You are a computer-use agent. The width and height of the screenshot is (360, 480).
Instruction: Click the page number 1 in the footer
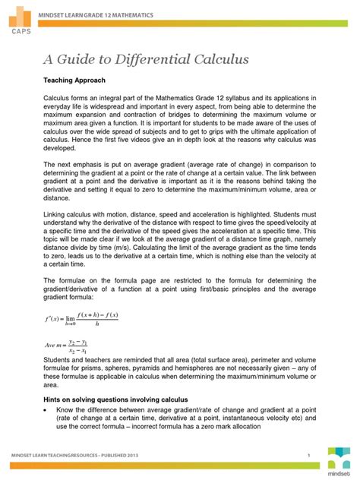click(x=310, y=455)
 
